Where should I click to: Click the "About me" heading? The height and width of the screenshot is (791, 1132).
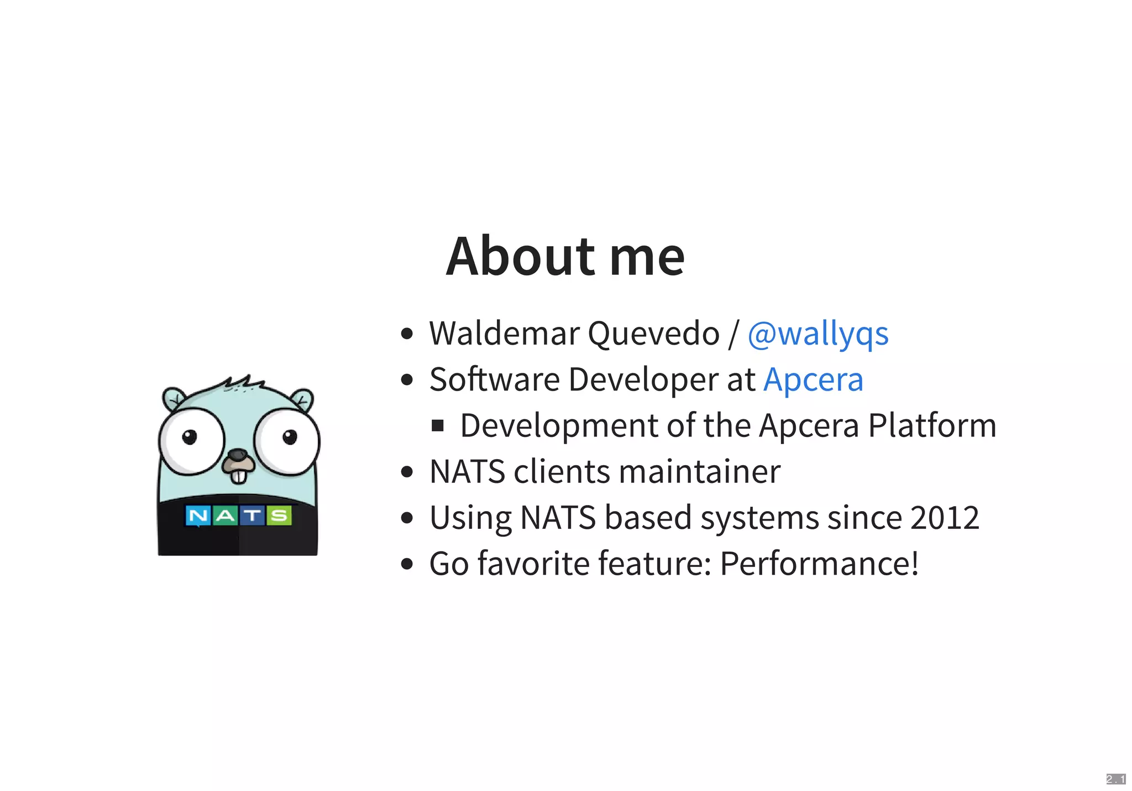click(565, 256)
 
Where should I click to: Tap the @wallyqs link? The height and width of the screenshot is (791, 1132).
click(817, 334)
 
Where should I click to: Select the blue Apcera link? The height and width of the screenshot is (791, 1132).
click(813, 379)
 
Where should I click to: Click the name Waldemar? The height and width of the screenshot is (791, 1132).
click(504, 334)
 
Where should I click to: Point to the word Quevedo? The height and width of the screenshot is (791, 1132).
click(653, 334)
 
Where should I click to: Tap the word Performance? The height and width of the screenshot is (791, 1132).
click(819, 564)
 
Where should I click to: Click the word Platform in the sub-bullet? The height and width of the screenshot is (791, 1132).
click(932, 426)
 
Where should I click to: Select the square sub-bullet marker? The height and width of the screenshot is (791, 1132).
click(438, 426)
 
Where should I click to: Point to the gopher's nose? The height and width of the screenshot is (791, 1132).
click(238, 455)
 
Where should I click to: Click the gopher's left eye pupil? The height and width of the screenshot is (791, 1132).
click(190, 437)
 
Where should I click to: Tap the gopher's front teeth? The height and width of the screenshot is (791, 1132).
click(239, 476)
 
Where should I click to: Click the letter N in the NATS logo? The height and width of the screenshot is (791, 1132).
click(198, 516)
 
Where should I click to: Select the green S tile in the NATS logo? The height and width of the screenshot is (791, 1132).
click(279, 516)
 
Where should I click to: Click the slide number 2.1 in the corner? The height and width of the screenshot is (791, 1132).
click(1115, 779)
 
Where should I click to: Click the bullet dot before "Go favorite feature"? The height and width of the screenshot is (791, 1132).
click(407, 564)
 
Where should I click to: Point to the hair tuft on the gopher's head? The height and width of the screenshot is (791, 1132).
click(243, 382)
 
